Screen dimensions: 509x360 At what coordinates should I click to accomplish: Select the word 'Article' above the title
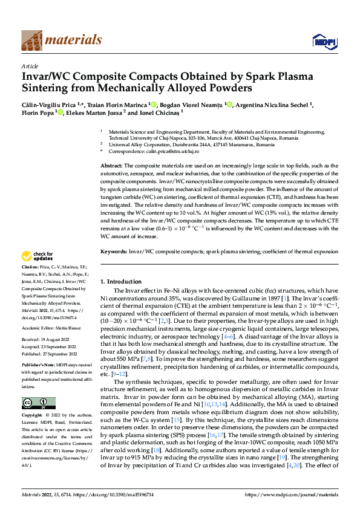30,66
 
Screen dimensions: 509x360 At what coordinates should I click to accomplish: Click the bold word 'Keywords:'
113,250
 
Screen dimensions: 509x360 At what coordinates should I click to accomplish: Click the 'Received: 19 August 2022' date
47,323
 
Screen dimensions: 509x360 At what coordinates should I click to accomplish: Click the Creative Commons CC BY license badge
38,403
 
